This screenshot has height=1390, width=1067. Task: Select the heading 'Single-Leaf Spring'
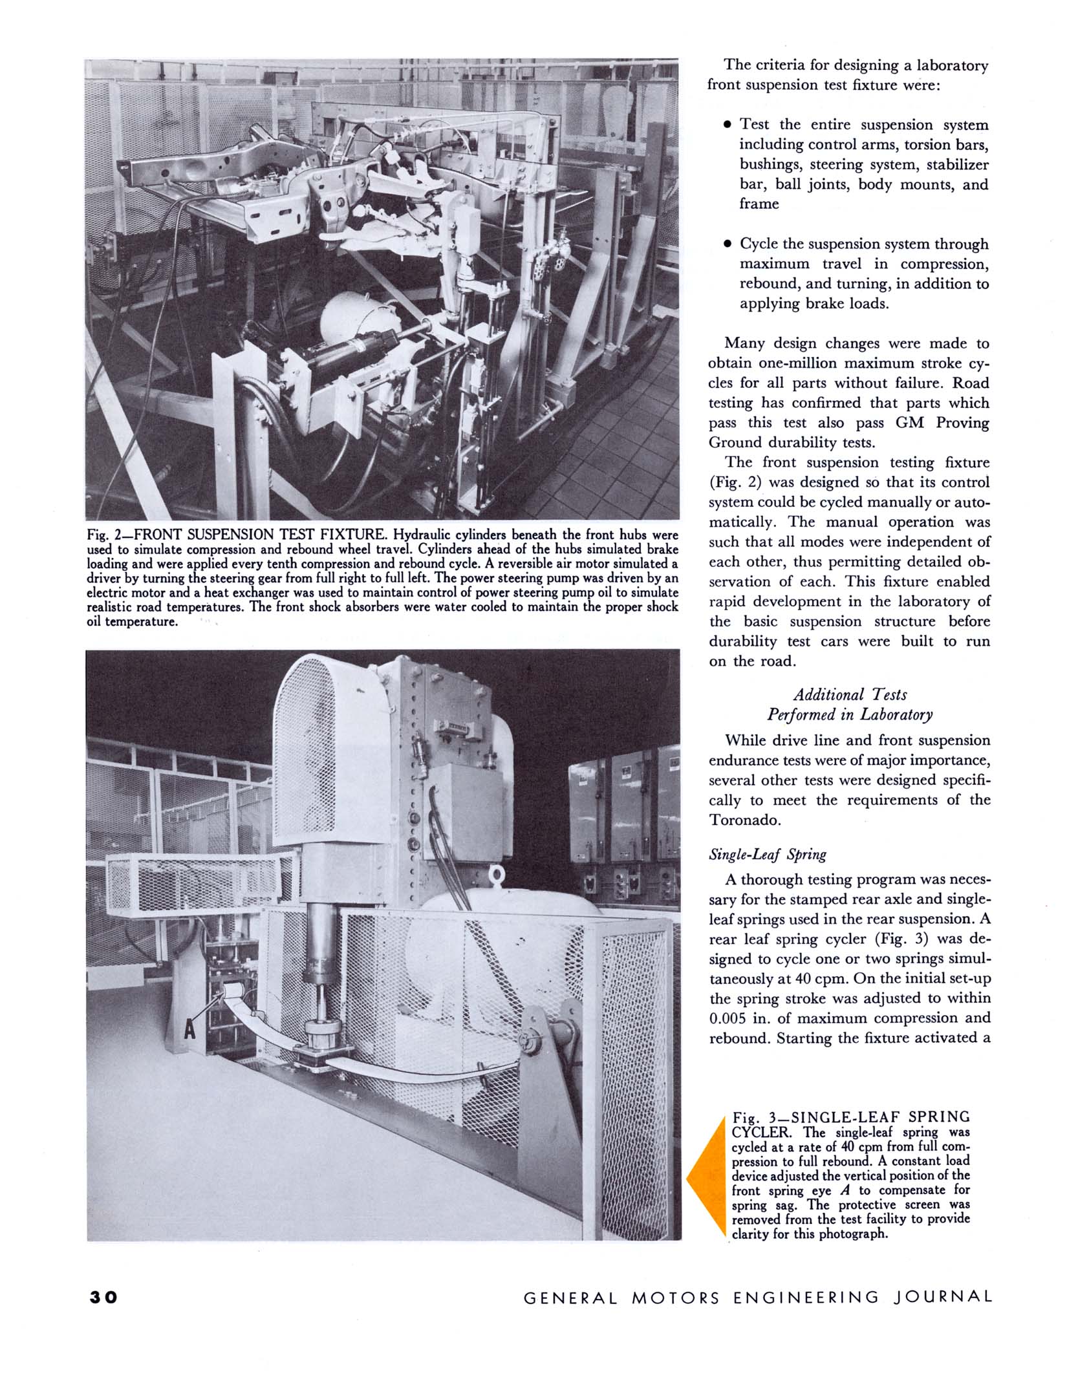coord(768,854)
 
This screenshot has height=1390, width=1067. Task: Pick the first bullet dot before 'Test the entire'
coord(727,124)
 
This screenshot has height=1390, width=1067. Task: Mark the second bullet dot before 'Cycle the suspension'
coord(727,244)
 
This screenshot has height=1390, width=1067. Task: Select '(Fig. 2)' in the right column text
coord(735,482)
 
